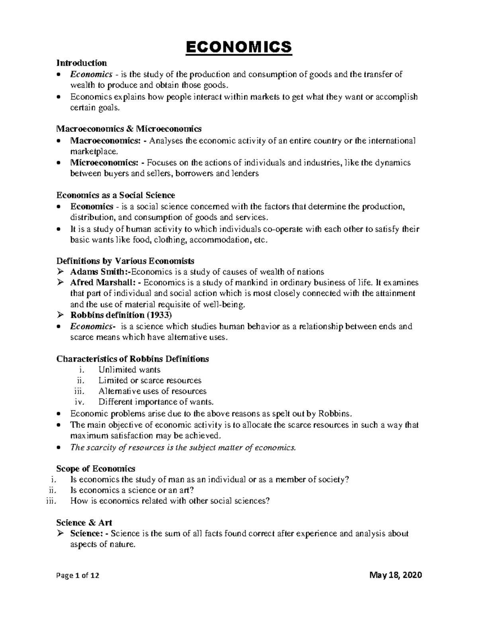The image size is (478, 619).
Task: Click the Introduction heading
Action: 82,63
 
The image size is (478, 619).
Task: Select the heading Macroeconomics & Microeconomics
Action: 129,129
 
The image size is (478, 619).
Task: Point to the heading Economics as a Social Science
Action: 116,195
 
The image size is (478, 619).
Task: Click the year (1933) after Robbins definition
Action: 158,315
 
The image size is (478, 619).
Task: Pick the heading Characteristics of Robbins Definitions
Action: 133,359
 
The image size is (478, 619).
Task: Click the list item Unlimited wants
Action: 129,369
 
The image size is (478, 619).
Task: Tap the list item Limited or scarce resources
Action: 150,380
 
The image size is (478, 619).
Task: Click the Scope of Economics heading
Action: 96,468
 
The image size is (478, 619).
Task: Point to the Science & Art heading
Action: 84,523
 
